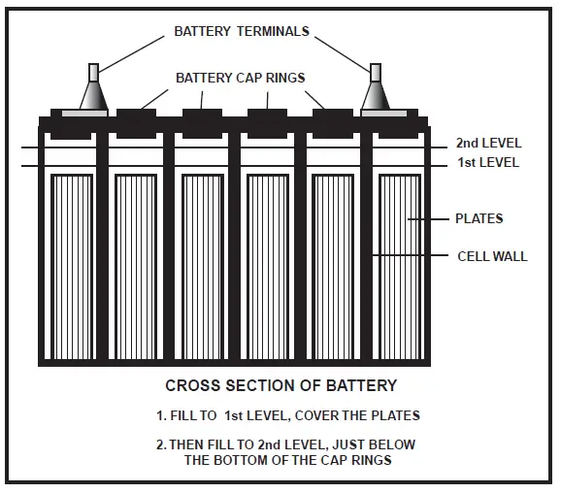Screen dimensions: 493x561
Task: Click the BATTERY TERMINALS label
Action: [242, 31]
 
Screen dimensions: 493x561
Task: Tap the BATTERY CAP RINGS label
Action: [240, 77]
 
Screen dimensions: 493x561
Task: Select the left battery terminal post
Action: [93, 93]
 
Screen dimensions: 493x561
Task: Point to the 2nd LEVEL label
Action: [487, 143]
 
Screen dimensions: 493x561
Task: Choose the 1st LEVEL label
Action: [487, 162]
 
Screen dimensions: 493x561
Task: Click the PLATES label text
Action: [479, 218]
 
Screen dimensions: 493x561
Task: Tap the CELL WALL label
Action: [492, 256]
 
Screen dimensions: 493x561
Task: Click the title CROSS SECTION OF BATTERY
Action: [280, 385]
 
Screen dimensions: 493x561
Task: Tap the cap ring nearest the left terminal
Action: [136, 114]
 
